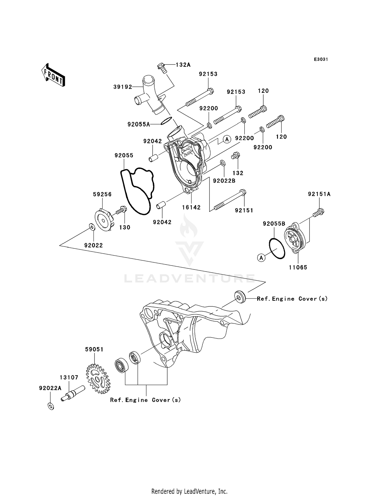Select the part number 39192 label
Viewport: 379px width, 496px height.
point(123,87)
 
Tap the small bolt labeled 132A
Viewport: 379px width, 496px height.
point(161,68)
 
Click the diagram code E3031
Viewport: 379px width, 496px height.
point(321,59)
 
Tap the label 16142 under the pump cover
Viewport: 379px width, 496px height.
point(191,207)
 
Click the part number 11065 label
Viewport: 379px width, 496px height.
point(298,267)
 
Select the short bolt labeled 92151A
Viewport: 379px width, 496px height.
point(318,212)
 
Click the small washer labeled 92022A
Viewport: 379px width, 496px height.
point(51,406)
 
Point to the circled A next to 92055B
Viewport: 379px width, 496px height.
point(262,258)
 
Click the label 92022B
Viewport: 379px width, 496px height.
point(224,181)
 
